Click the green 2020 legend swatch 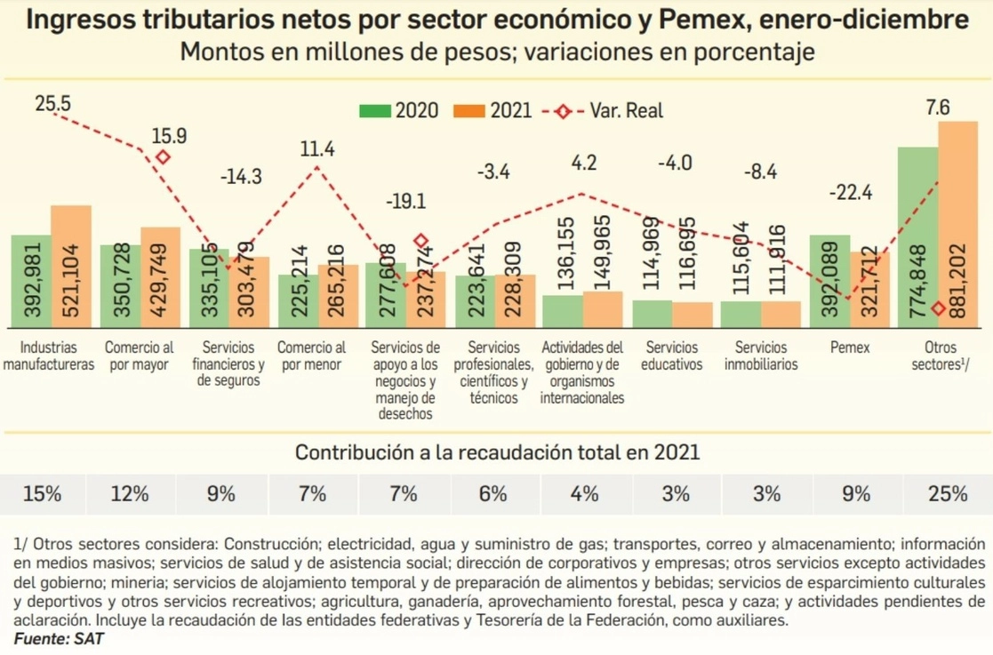point(375,111)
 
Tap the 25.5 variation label point(52,104)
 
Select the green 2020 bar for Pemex point(829,281)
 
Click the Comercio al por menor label point(312,355)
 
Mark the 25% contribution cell point(946,493)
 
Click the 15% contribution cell point(43,493)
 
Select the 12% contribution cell point(130,493)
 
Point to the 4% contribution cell point(584,493)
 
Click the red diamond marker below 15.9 point(163,157)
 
